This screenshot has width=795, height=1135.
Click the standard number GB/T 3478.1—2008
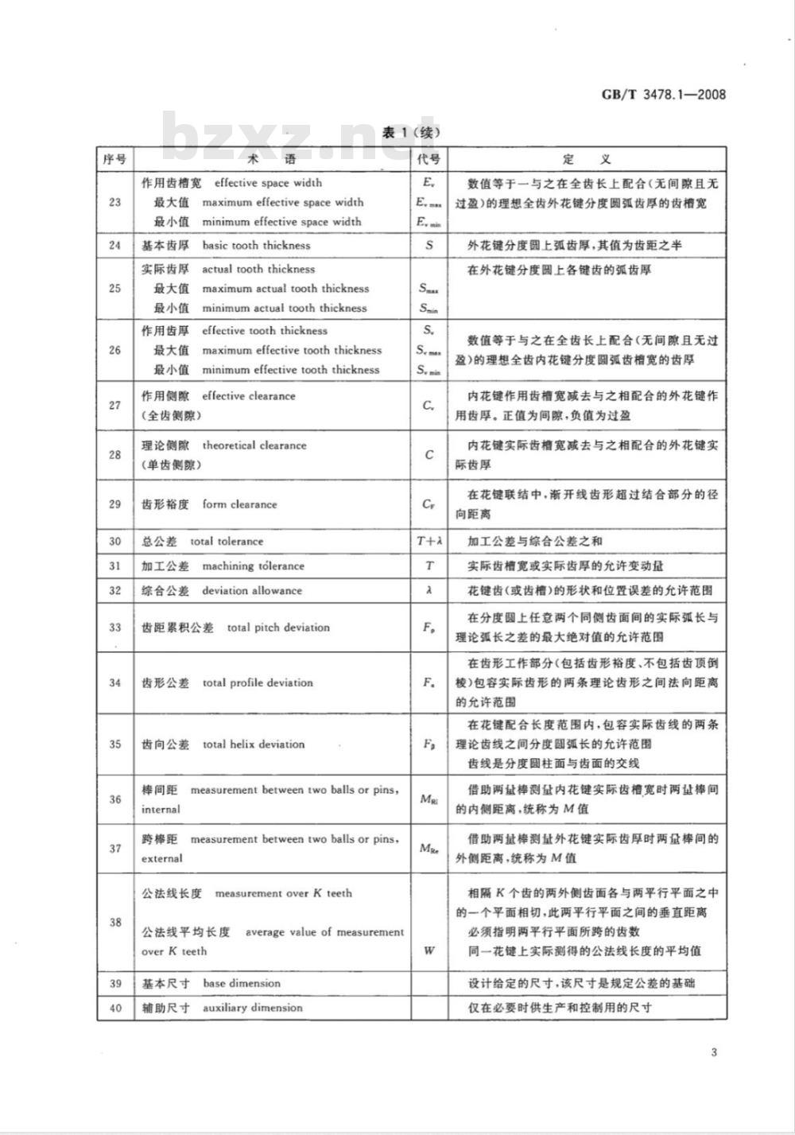click(x=663, y=95)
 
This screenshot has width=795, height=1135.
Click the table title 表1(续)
click(x=410, y=133)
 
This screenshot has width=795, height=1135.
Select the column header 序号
click(x=115, y=159)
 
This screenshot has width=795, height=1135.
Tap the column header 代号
click(x=429, y=159)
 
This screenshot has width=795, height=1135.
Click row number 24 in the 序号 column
click(x=115, y=245)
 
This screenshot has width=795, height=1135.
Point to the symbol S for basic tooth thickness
click(x=429, y=245)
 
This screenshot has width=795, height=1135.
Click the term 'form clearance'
click(x=239, y=504)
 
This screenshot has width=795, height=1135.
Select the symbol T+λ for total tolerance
click(x=429, y=542)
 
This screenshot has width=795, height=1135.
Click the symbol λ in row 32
click(x=429, y=591)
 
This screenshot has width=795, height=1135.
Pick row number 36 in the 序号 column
click(x=115, y=799)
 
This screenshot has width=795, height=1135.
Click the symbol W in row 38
click(x=429, y=950)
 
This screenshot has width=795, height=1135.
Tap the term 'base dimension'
click(x=241, y=983)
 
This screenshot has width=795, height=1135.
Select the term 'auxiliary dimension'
click(x=252, y=1008)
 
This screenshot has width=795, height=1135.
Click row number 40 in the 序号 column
click(x=115, y=1008)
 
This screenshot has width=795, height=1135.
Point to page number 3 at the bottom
click(x=714, y=1053)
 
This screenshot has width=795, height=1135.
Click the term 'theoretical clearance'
click(x=254, y=445)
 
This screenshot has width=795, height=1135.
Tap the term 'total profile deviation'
click(x=258, y=682)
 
